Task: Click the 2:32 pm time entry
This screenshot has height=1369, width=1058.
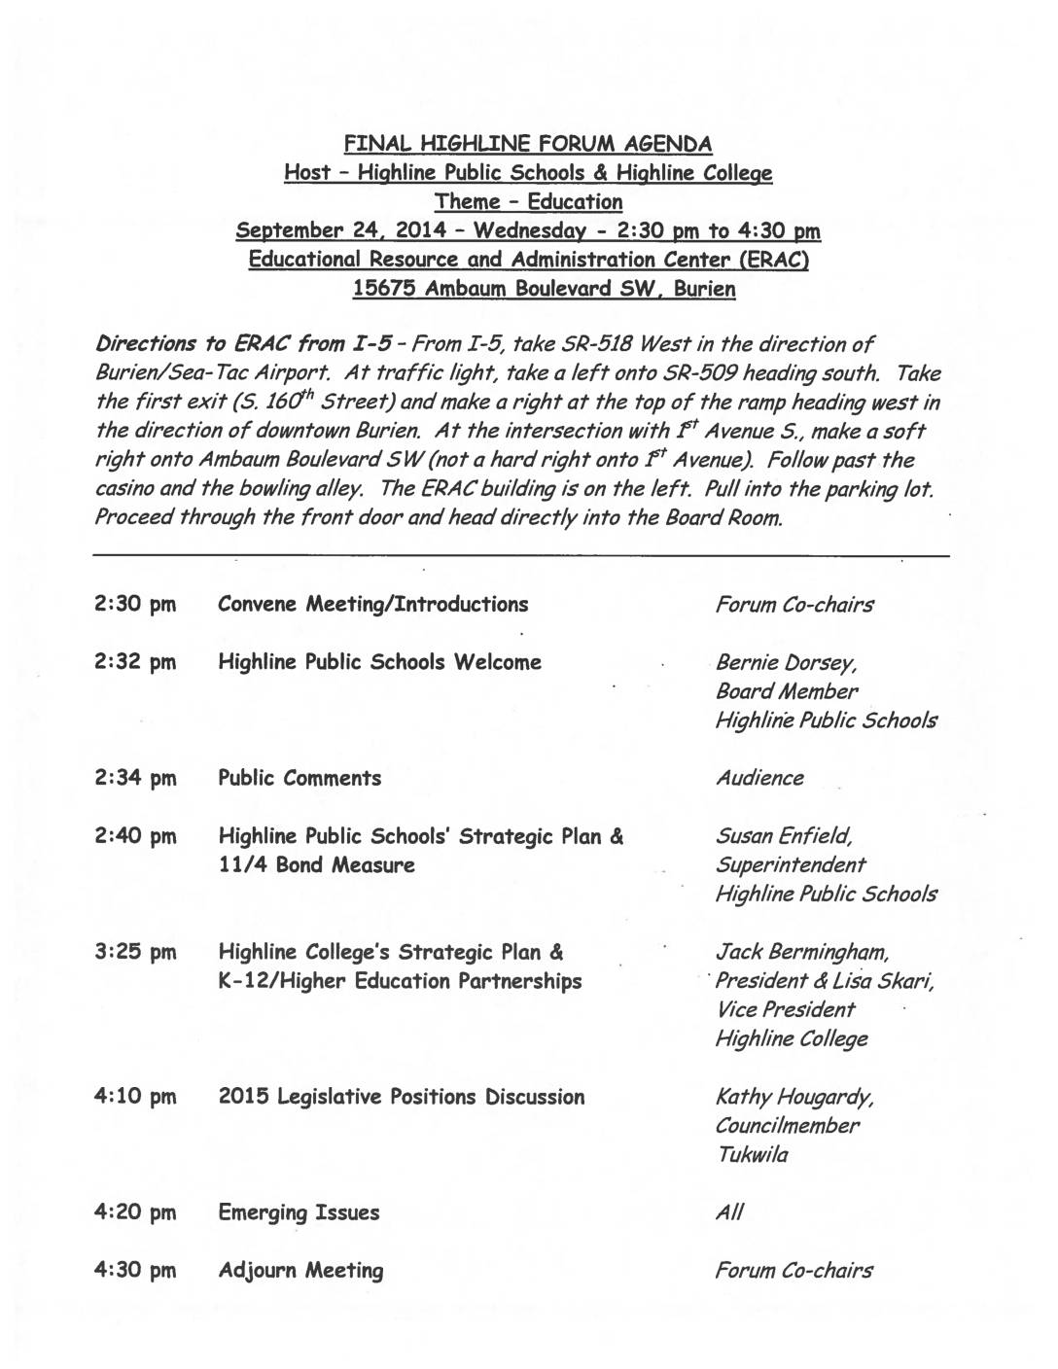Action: click(x=135, y=663)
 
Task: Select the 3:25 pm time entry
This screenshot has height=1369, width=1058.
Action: click(x=135, y=953)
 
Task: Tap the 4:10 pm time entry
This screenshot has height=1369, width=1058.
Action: click(x=135, y=1098)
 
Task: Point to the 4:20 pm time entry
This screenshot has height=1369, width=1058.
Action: click(x=135, y=1213)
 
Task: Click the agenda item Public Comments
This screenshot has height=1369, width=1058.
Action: click(x=300, y=779)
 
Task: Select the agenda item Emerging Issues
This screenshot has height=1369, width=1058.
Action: click(x=299, y=1213)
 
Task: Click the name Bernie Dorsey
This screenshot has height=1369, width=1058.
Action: click(x=785, y=664)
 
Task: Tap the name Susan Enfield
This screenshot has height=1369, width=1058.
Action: click(x=784, y=837)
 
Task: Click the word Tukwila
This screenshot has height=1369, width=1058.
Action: click(x=752, y=1156)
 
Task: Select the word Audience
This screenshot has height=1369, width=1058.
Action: click(x=759, y=779)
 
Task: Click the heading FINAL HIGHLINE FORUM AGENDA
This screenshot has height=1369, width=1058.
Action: click(x=528, y=145)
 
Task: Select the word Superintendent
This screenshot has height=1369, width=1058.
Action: click(x=791, y=865)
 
